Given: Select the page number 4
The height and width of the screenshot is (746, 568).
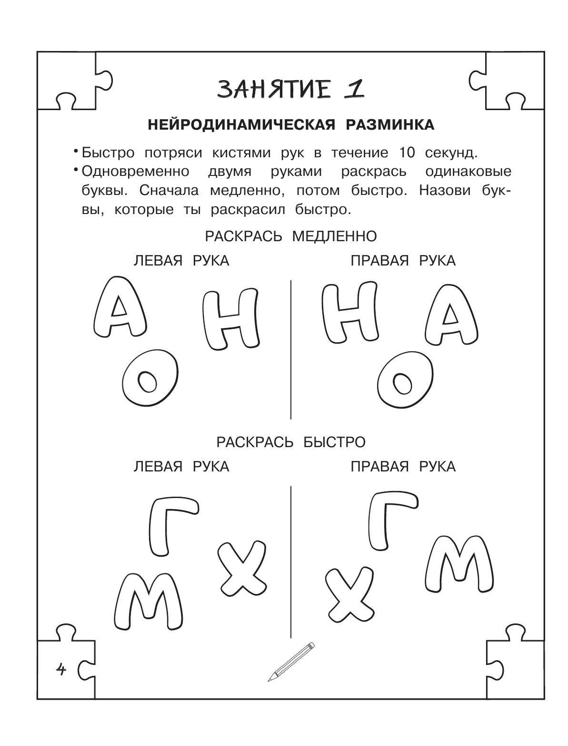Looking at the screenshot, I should pos(61,670).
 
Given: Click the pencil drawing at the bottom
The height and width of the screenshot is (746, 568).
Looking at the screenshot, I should pos(291,662).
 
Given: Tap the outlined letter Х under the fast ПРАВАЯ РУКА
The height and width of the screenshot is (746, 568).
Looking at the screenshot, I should pos(350,589).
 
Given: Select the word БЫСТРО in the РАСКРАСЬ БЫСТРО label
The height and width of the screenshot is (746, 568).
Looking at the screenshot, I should pos(334,442).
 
